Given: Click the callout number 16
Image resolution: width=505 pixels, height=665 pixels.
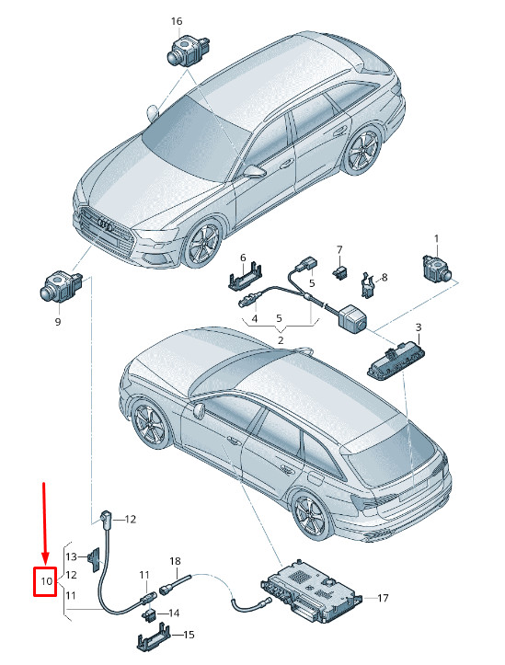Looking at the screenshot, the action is click(177, 21).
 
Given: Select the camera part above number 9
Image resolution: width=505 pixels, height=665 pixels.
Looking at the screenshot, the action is click(61, 286).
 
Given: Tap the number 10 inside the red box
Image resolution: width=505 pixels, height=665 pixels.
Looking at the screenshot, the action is click(47, 580).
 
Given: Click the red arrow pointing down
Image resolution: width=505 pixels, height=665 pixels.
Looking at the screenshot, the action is click(45, 523).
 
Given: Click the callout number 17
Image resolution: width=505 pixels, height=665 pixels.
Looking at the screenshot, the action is click(383, 598).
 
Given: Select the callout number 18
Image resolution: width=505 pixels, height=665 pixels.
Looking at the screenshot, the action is click(175, 561).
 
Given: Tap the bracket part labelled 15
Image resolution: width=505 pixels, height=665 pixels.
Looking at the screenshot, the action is click(154, 636).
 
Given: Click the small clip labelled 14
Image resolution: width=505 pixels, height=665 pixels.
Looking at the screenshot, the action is click(148, 614).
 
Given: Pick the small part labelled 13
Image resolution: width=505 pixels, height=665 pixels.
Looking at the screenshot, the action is click(94, 559).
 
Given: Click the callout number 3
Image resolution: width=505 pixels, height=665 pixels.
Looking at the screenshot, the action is click(419, 327).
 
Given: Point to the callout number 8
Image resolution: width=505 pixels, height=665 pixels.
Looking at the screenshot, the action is click(384, 278).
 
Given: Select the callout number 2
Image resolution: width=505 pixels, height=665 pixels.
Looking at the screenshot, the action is click(281, 339).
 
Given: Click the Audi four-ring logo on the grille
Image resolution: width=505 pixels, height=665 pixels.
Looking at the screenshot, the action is click(105, 224).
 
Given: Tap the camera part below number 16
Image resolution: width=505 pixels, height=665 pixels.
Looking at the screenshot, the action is click(189, 50).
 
